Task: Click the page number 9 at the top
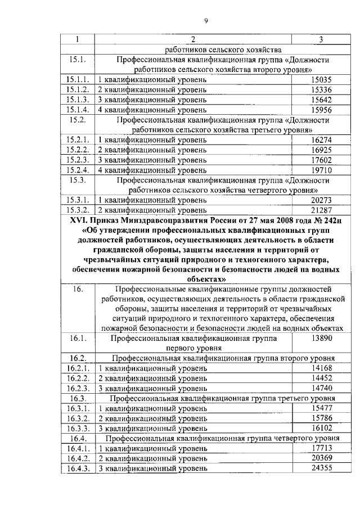pyautogui.click(x=206, y=21)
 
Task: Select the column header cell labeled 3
pyautogui.click(x=320, y=39)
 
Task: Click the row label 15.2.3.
pyautogui.click(x=77, y=160)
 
